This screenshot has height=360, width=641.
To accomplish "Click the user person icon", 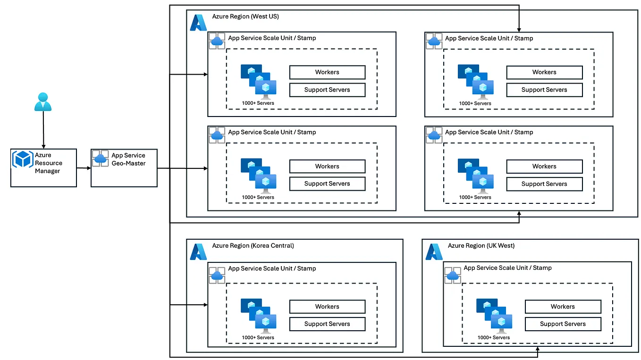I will click(x=43, y=101).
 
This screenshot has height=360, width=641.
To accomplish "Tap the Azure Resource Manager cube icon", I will click(x=23, y=159).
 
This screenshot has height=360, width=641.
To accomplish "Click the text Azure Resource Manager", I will click(x=48, y=163).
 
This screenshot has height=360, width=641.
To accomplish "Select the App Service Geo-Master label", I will click(x=128, y=159).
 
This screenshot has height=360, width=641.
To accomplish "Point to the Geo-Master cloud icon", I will click(x=100, y=158).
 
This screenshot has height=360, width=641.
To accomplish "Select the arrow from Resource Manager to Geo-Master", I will click(x=84, y=168).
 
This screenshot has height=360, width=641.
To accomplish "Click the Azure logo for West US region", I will click(x=198, y=22).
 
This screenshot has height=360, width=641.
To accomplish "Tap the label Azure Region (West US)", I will click(x=245, y=17).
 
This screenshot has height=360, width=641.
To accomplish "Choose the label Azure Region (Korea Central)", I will click(x=253, y=246).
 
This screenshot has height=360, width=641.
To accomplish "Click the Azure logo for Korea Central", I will click(x=198, y=251).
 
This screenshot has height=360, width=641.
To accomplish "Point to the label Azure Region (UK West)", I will click(x=481, y=246).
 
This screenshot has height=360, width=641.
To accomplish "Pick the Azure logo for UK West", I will click(x=434, y=251).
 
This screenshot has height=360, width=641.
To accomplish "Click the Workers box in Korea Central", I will click(x=327, y=307).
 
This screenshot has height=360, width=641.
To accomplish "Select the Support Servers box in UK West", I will click(x=563, y=324).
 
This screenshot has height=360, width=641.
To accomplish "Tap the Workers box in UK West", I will click(x=563, y=307).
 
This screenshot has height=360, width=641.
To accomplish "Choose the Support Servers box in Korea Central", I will click(x=327, y=324).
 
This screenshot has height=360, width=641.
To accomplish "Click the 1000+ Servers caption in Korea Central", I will click(x=258, y=338).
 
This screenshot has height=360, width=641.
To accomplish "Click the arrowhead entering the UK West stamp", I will click(x=538, y=350).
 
